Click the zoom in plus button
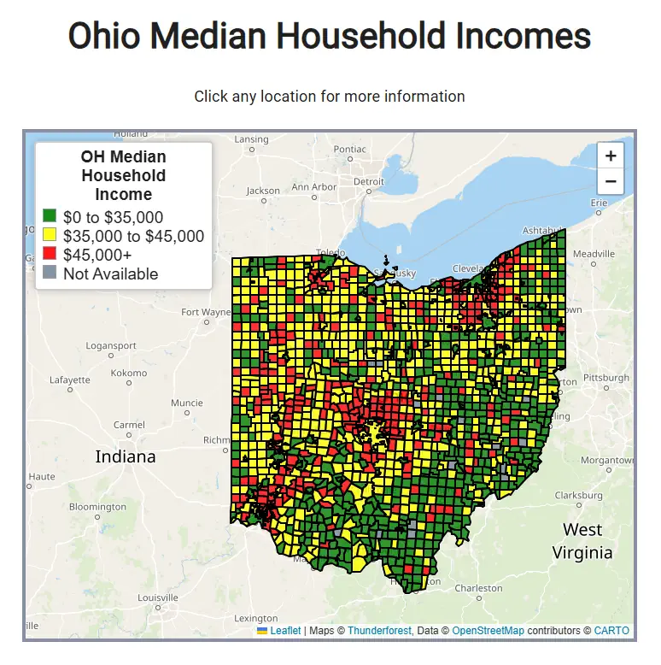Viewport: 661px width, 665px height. coord(611,156)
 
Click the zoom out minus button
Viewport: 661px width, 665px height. coord(611,181)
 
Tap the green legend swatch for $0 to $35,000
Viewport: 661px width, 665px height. coord(50,217)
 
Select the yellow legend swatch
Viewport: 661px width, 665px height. coord(50,236)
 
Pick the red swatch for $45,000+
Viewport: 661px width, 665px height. coord(50,255)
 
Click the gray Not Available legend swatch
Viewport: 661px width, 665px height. coord(50,273)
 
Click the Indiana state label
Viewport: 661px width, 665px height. coord(126,456)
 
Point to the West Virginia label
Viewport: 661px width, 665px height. coord(582,541)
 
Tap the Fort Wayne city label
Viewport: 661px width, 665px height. coord(205,312)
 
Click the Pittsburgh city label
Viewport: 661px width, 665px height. coord(605,377)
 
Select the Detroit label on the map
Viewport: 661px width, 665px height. coord(369,181)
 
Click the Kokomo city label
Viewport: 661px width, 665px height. coord(129,373)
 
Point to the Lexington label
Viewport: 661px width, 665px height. coord(256,618)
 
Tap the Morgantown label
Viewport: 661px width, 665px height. coord(607,460)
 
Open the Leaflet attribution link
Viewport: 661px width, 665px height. coord(285,631)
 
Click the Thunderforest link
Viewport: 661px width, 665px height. coord(379,631)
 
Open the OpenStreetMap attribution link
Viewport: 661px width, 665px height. coord(488,631)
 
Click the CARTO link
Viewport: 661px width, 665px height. coord(611,631)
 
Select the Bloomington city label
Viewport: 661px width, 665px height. coord(97,507)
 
